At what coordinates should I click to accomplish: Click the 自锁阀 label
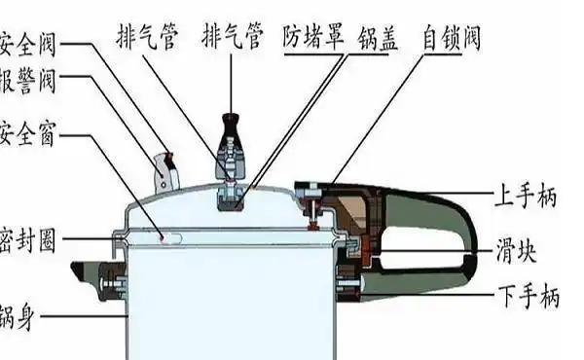(x=451, y=38)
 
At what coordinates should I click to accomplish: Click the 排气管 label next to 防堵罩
(x=232, y=38)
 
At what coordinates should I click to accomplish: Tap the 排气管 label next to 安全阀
(x=149, y=38)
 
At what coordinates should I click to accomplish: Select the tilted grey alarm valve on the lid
(x=166, y=171)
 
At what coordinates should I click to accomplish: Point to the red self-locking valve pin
(x=313, y=206)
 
